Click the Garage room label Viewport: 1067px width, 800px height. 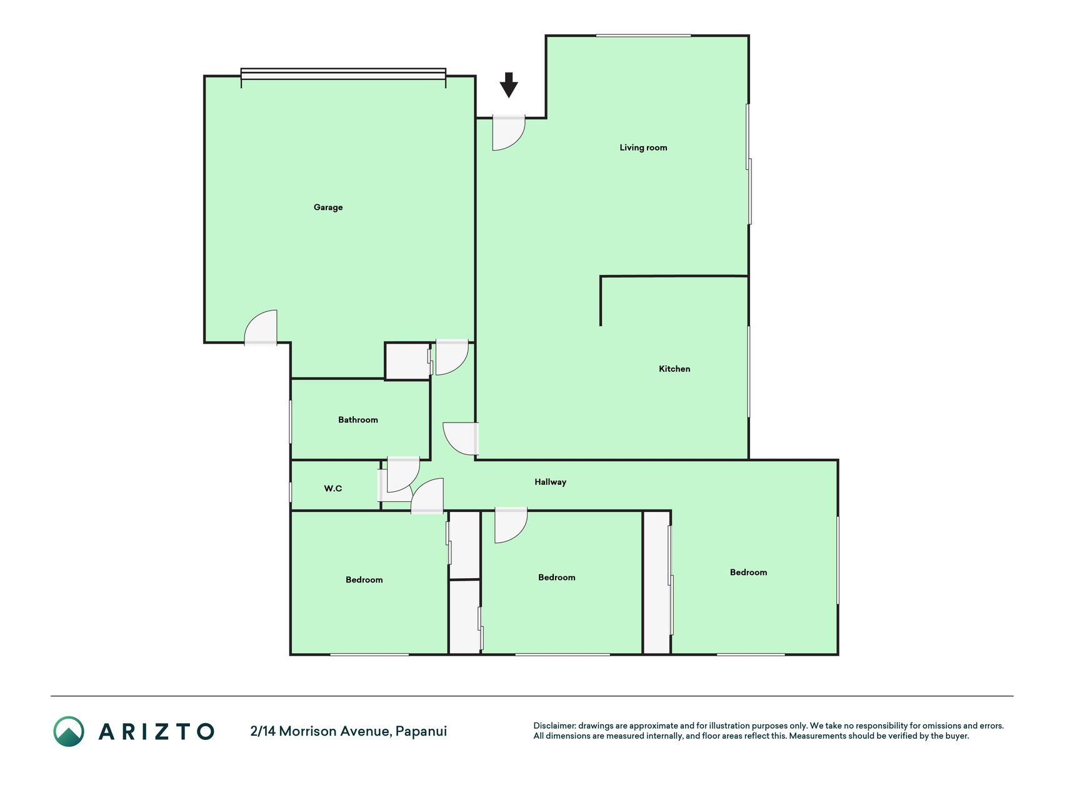click(x=328, y=207)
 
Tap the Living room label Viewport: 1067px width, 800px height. click(x=643, y=147)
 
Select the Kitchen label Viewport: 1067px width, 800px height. click(x=674, y=369)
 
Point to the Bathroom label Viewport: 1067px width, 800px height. click(x=358, y=420)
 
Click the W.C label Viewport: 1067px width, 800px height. click(x=333, y=489)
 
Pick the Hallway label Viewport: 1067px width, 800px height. click(x=551, y=482)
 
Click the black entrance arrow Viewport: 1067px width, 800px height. click(x=509, y=85)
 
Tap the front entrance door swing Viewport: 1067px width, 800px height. click(x=509, y=132)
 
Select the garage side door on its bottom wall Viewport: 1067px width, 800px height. click(x=261, y=327)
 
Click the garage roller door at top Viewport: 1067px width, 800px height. click(x=343, y=74)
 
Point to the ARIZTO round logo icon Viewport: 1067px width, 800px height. click(x=69, y=731)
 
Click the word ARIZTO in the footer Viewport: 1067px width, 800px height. click(x=156, y=731)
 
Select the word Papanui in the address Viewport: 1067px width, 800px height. click(x=421, y=731)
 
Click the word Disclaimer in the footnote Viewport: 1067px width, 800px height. click(x=554, y=726)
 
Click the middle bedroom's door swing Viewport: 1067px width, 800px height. click(x=511, y=525)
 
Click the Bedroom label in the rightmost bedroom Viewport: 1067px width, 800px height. click(x=748, y=572)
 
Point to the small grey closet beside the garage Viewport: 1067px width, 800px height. click(x=408, y=361)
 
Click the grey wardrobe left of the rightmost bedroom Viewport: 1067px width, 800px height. click(x=657, y=582)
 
